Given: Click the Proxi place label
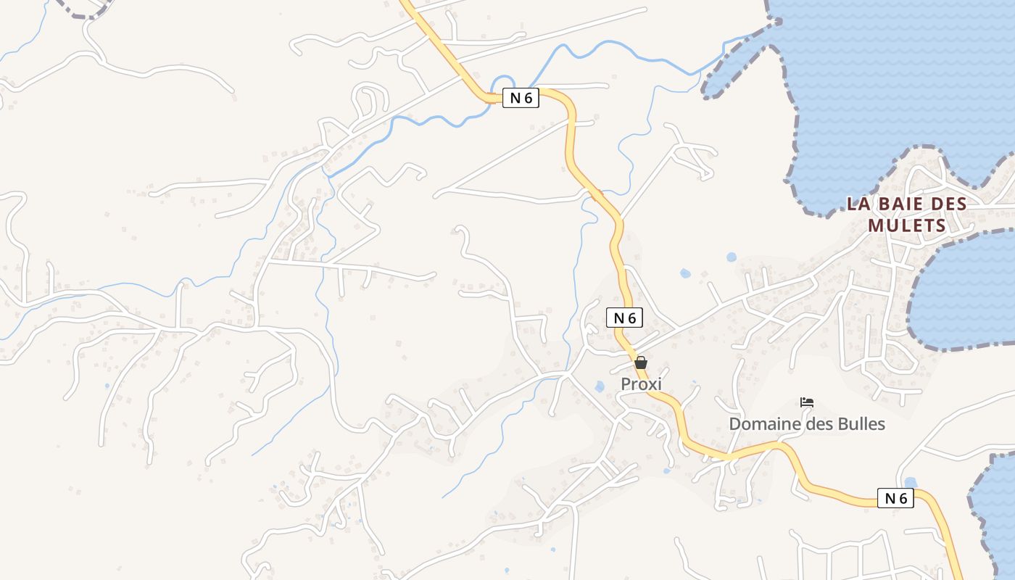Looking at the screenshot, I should tap(641, 384).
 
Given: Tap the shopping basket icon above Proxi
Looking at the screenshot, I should tap(641, 362).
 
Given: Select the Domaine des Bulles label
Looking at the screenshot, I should tap(807, 424).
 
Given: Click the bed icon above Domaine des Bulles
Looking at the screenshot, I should tap(807, 402).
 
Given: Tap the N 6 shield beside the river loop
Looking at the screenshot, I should tap(521, 98).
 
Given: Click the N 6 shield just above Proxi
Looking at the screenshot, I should tap(624, 318).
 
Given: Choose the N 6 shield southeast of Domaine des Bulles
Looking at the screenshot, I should tap(895, 498).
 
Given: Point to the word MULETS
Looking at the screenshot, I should tap(907, 225).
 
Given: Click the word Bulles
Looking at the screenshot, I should tap(860, 424).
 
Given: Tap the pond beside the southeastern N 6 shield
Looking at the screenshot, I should tap(911, 483).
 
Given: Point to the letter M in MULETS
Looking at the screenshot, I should tap(876, 225).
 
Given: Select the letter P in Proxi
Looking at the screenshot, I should tap(626, 384).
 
